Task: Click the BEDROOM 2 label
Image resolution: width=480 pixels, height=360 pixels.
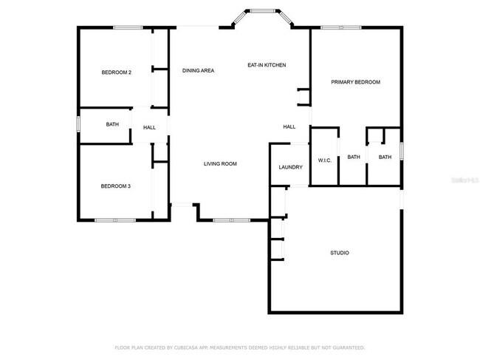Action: click(116, 72)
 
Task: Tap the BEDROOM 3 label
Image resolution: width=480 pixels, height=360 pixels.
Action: click(115, 186)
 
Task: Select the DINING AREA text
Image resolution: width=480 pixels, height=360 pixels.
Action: click(198, 71)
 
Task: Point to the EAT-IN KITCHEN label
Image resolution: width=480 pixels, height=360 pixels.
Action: click(266, 65)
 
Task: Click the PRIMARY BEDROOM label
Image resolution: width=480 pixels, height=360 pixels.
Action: click(355, 82)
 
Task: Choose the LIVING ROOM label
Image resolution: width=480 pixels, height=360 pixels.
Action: click(220, 163)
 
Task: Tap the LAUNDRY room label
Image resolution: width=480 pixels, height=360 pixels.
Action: click(290, 167)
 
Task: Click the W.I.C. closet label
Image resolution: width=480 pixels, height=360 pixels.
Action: click(324, 160)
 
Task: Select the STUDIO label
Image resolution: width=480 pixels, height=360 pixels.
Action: click(339, 254)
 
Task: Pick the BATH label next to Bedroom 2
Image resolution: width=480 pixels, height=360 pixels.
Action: click(112, 125)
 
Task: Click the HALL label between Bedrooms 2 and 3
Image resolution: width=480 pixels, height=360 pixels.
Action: click(149, 128)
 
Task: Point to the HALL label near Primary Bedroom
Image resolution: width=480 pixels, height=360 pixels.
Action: click(289, 127)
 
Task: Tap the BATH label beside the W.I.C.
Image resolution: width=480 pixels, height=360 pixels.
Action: click(354, 157)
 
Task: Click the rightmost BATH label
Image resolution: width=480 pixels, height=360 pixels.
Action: click(385, 157)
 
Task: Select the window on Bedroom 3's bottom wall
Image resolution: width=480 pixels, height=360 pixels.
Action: click(114, 220)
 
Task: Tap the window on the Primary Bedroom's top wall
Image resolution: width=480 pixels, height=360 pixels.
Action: click(341, 28)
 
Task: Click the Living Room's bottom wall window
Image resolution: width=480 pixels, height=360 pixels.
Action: click(231, 220)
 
